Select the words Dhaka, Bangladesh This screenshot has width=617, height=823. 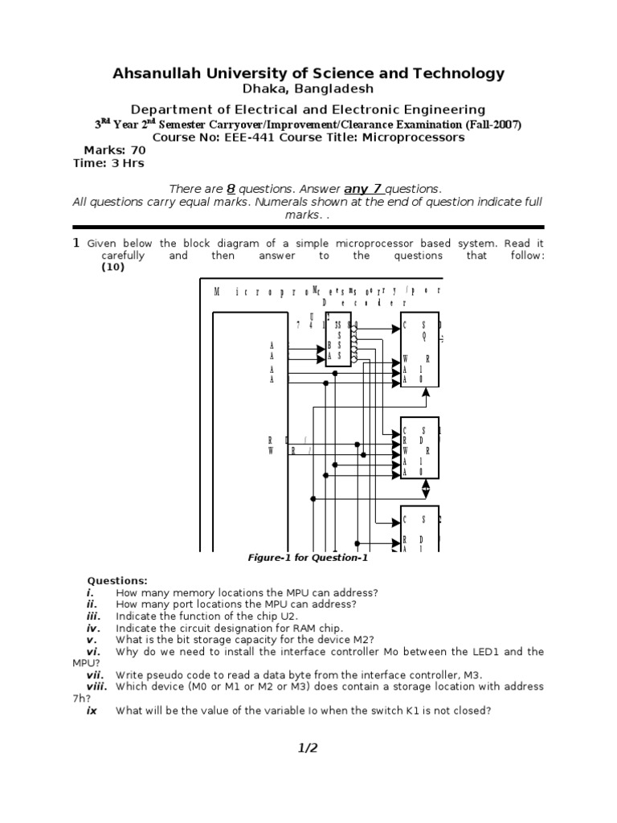click(x=308, y=90)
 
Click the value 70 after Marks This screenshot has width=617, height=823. click(x=137, y=150)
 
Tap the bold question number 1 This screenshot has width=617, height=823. click(x=76, y=243)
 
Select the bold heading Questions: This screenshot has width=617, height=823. click(x=117, y=580)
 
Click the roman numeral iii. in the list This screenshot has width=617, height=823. click(x=96, y=616)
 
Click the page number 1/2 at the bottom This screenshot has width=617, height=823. click(x=308, y=748)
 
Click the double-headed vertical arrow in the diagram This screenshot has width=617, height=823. click(x=426, y=488)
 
